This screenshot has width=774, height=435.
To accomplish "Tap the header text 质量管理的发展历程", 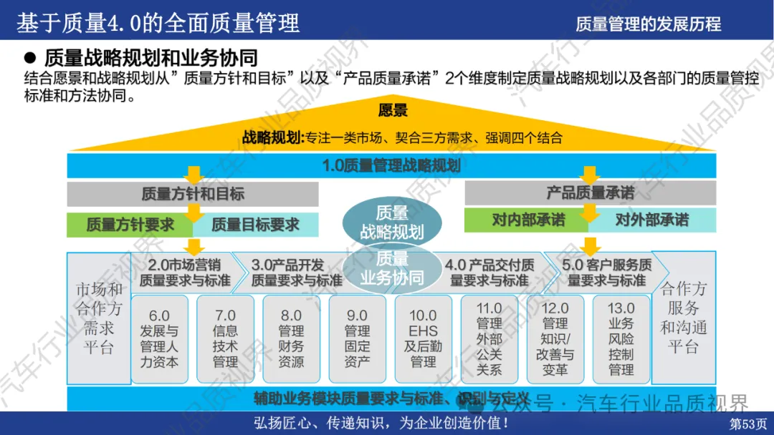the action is pyautogui.click(x=648, y=24).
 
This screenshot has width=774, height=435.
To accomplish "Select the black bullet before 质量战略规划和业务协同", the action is pyautogui.click(x=30, y=57).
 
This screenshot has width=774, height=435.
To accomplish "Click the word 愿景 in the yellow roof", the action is pyautogui.click(x=393, y=110).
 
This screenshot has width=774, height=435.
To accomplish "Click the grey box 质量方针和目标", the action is pyautogui.click(x=193, y=193).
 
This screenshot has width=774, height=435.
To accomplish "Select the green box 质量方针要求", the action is pyautogui.click(x=130, y=225).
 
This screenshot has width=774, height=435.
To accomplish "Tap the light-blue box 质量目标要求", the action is pyautogui.click(x=255, y=225).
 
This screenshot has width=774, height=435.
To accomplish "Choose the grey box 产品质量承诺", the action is pyautogui.click(x=590, y=192).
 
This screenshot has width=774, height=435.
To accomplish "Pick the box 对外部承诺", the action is pyautogui.click(x=651, y=220).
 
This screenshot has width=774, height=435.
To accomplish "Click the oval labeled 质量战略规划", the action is pyautogui.click(x=391, y=222).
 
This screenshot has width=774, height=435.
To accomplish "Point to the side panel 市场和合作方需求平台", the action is pyautogui.click(x=100, y=318).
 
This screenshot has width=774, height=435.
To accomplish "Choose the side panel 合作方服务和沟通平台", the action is pyautogui.click(x=683, y=318).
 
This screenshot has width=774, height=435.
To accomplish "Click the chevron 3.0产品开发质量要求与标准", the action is pyautogui.click(x=297, y=272).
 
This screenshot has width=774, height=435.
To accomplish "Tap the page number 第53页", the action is pyautogui.click(x=748, y=424).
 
